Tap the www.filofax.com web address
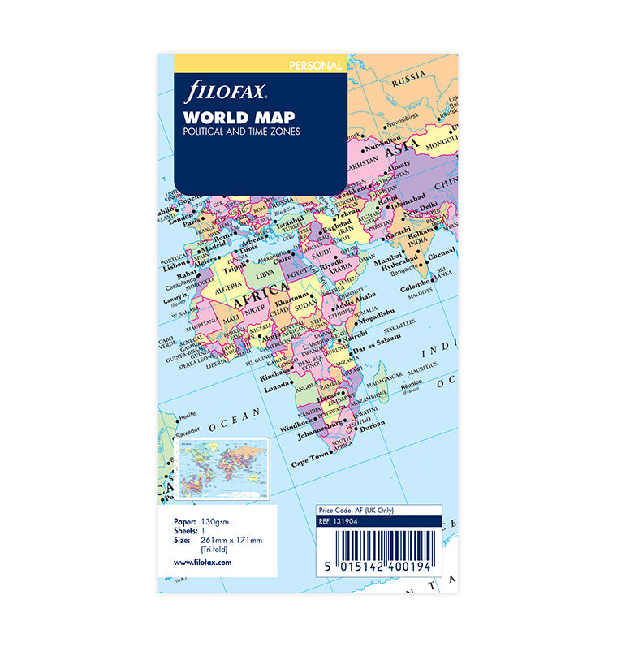(203, 562)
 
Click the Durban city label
(370, 424)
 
